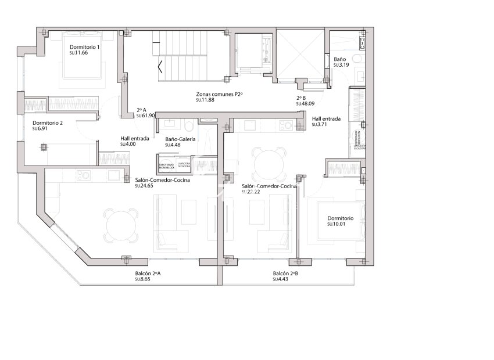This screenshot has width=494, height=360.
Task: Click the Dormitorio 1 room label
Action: (85, 47)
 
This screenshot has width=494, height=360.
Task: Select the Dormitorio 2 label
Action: (48, 123)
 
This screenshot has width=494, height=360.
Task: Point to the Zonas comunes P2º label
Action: (219, 93)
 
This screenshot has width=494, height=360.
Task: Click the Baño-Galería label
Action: (180, 139)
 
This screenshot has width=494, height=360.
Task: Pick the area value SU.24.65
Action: (144, 186)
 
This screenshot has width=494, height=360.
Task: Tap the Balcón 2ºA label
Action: (148, 273)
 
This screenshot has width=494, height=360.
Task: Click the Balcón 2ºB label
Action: (285, 273)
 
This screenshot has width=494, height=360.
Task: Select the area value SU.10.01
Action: (337, 224)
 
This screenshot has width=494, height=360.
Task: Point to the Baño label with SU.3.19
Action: (340, 59)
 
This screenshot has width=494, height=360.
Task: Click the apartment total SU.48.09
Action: (305, 104)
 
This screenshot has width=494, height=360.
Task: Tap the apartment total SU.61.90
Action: (146, 116)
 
